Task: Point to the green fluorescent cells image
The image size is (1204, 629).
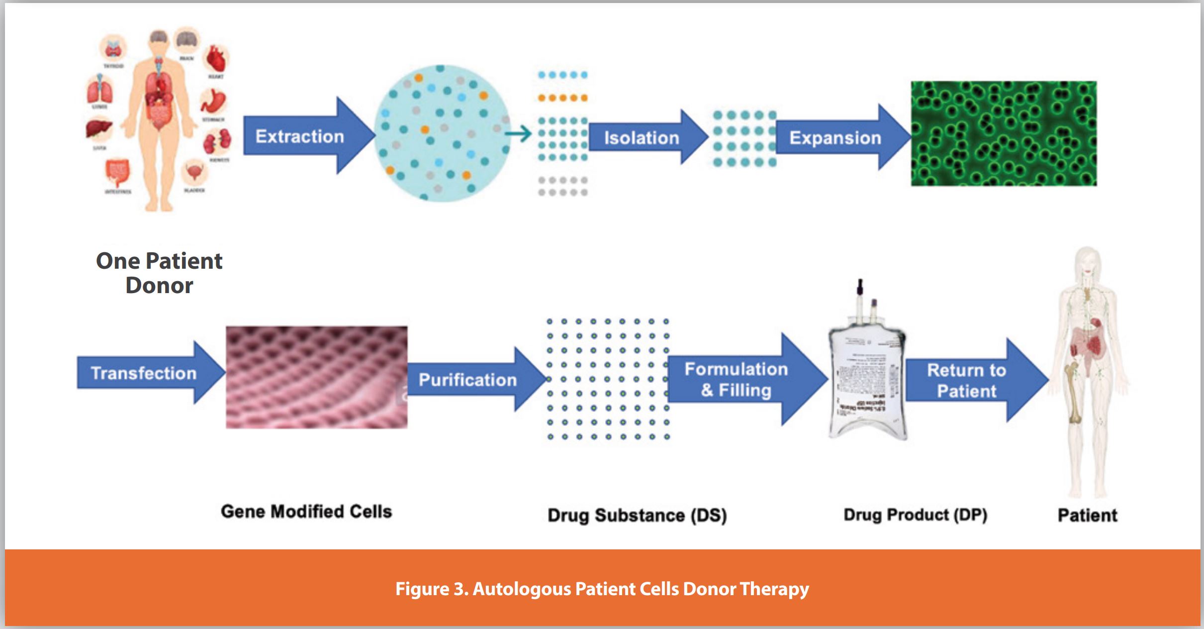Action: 1003,133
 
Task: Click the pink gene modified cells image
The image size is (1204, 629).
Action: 316,377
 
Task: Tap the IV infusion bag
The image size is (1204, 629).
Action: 867,378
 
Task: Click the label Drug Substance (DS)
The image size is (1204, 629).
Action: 637,515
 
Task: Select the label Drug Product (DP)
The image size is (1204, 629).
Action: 915,515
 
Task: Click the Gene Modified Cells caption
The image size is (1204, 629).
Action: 306,512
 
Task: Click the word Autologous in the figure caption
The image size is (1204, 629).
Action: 522,589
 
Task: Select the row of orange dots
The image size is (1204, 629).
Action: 562,98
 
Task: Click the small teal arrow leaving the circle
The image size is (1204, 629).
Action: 518,134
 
